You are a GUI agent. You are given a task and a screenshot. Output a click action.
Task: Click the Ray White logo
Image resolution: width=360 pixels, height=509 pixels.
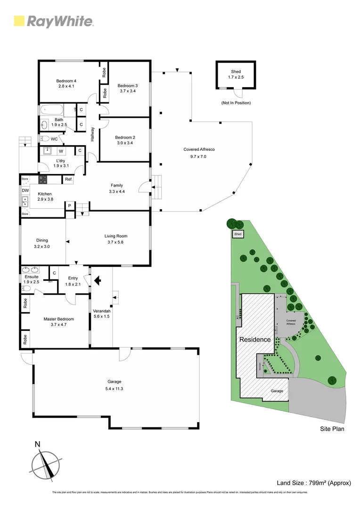54,21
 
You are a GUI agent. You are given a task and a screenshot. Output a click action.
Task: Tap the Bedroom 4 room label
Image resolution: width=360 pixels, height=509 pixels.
66,81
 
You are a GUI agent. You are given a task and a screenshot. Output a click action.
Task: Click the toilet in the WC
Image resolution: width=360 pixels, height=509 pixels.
44,139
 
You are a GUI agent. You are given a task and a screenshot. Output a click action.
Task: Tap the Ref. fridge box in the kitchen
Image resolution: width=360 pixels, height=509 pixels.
69,180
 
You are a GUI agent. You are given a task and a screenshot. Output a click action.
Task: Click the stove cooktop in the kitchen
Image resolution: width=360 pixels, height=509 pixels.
43,179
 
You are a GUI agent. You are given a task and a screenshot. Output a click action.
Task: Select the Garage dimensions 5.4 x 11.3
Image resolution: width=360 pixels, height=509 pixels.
115,389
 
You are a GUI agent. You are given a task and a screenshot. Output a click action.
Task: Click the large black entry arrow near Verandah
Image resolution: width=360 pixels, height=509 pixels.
98,281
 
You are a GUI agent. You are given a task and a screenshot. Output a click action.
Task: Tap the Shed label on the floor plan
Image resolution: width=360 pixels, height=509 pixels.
236,72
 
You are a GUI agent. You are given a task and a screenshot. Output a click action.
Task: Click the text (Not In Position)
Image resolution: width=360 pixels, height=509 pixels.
236,103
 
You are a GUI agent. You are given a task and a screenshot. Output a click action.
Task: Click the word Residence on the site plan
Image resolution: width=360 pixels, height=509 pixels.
255,339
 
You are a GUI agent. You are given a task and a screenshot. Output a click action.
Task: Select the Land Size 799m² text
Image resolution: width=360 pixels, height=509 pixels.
314,483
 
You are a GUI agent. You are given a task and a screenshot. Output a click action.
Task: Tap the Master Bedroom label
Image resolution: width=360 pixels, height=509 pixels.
59,319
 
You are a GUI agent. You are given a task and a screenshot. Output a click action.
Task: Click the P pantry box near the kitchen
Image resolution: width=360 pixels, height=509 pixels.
69,205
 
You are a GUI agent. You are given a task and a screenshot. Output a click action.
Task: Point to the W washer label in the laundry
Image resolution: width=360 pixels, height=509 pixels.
61,151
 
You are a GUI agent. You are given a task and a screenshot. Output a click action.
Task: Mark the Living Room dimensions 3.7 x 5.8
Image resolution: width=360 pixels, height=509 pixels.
116,242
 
